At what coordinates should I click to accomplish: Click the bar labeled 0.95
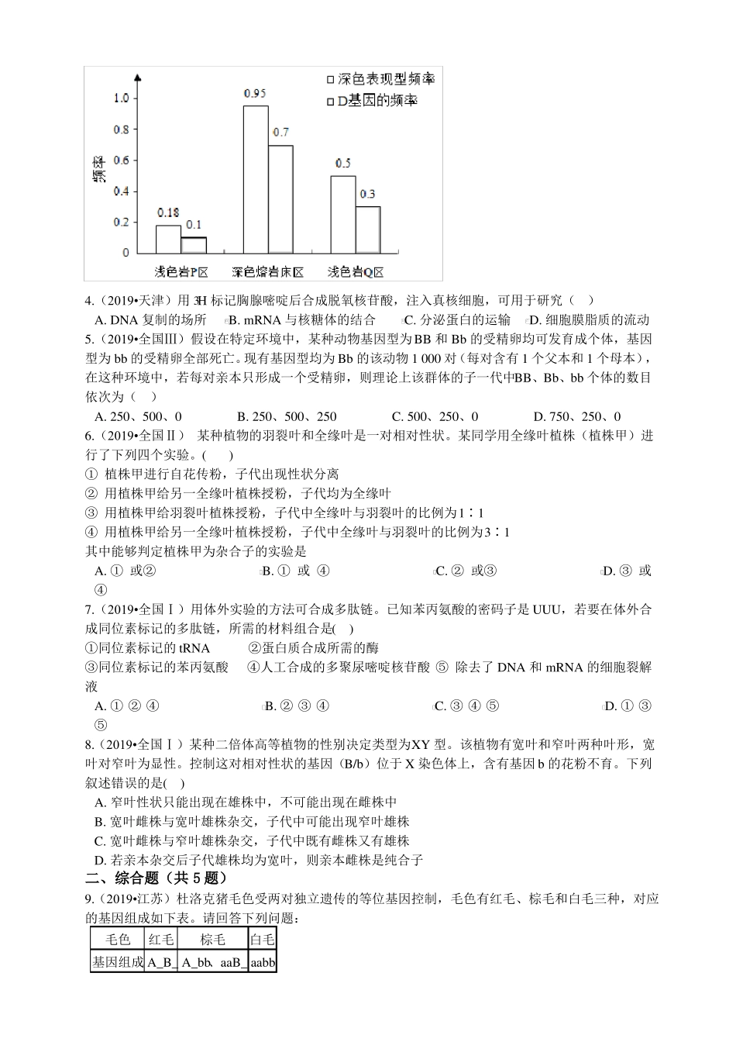256,178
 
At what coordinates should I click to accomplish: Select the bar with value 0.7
280,198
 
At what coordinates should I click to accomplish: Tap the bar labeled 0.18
168,239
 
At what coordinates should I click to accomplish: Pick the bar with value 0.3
368,229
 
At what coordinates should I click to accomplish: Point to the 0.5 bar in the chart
343,214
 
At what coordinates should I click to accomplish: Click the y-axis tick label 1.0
121,98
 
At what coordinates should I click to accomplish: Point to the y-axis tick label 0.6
121,160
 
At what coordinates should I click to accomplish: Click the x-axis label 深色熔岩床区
267,271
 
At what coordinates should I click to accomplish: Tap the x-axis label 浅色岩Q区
356,271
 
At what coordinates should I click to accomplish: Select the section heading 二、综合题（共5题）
156,878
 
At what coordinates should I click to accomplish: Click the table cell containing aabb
263,962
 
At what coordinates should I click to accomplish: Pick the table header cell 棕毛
213,940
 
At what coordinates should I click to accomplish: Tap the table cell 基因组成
118,962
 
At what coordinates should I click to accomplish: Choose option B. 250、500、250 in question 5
287,416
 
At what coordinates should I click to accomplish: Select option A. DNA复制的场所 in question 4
150,319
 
